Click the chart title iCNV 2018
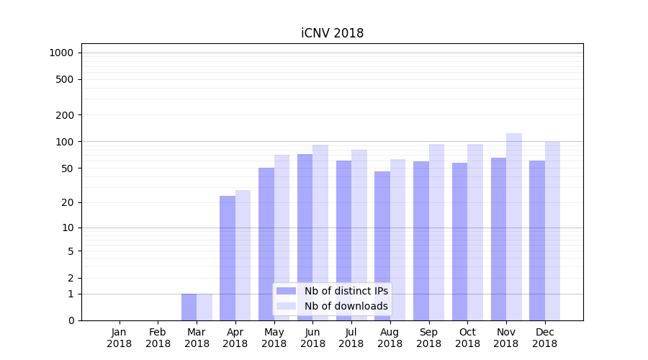[x=332, y=33]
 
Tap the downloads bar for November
[x=514, y=227]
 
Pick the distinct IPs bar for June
[x=305, y=237]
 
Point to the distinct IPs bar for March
[x=189, y=307]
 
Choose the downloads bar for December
[x=552, y=230]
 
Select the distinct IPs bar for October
[x=459, y=241]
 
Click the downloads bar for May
[x=282, y=238]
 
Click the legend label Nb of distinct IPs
[x=346, y=291]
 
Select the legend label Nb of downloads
[x=346, y=306]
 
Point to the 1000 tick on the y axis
[x=60, y=53]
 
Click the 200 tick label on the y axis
[x=65, y=115]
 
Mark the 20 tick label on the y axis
[x=68, y=202]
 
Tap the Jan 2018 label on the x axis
[x=120, y=338]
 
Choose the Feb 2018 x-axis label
[x=158, y=338]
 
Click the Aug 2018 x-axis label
[x=390, y=338]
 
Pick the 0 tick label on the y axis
[x=71, y=320]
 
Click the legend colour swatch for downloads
[x=286, y=306]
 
